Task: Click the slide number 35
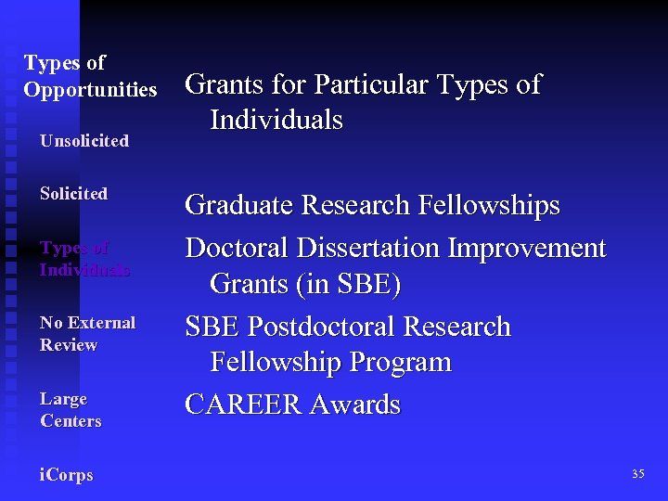tap(637, 474)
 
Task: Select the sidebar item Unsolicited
tap(83, 141)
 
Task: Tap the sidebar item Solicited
tap(73, 194)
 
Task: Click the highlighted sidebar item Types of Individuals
tap(83, 259)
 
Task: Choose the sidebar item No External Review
tap(87, 334)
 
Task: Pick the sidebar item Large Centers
tap(71, 410)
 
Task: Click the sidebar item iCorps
tap(66, 475)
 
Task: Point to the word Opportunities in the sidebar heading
tap(90, 90)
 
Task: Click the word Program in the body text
tap(399, 362)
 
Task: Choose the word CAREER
tap(245, 405)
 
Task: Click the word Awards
tap(357, 405)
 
